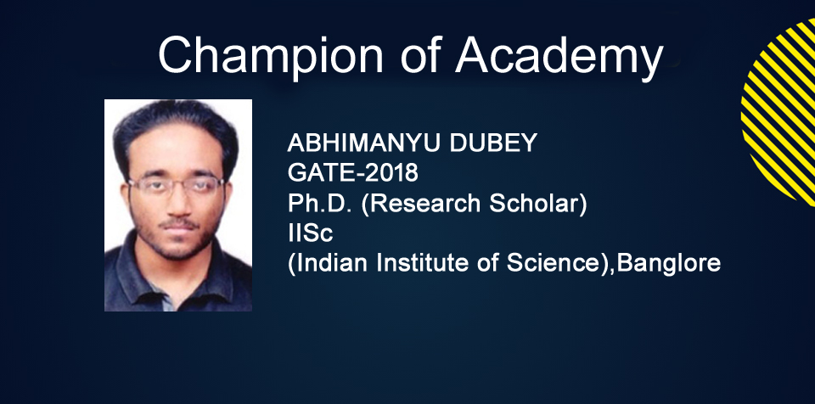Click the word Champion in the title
(270, 56)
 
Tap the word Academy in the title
(559, 57)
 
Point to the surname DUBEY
(493, 143)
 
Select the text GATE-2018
(353, 172)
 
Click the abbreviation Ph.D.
(321, 204)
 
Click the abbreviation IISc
(311, 233)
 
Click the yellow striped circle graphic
(779, 112)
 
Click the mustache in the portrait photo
(178, 223)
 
